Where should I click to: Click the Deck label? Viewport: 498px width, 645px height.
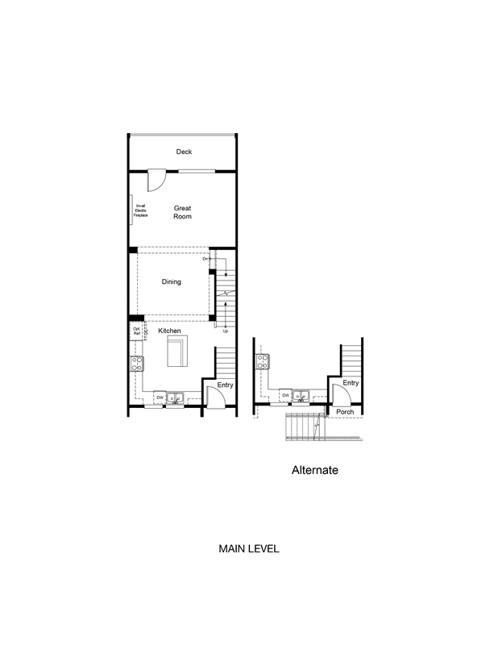[184, 152]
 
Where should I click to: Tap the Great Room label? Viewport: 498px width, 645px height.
[183, 212]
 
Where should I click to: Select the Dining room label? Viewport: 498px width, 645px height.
[171, 282]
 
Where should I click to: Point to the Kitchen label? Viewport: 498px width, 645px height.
[169, 331]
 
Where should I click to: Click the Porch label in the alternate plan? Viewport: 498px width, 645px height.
[345, 412]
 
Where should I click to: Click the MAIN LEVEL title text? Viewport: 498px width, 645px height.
[249, 548]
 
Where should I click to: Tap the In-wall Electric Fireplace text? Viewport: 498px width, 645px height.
[141, 210]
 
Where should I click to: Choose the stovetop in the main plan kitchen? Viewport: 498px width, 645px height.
[137, 363]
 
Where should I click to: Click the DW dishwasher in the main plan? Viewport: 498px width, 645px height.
[160, 397]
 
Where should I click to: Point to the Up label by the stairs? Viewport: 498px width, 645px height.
[225, 331]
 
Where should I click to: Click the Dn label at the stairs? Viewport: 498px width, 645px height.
[205, 259]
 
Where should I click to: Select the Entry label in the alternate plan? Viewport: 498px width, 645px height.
[350, 383]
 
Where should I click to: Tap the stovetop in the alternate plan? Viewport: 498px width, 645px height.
[264, 362]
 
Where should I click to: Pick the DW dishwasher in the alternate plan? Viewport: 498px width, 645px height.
[285, 395]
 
